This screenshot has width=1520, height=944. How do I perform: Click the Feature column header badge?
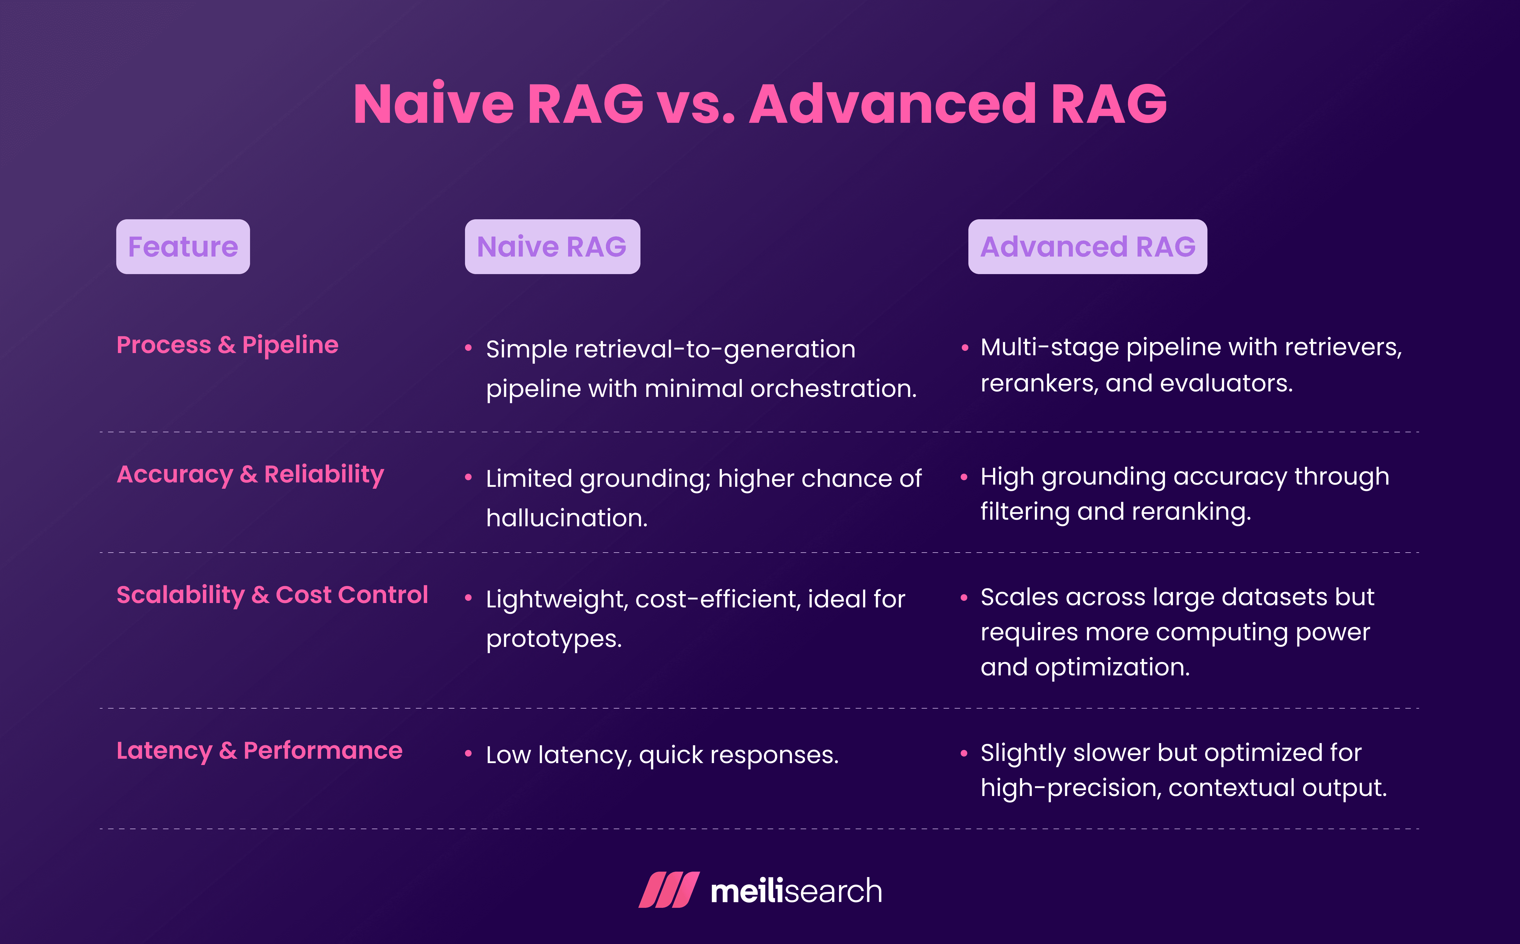[x=183, y=247]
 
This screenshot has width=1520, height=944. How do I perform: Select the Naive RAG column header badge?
[x=552, y=247]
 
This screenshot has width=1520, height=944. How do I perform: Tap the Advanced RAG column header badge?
[x=1087, y=247]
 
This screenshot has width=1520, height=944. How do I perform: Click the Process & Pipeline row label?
[x=227, y=345]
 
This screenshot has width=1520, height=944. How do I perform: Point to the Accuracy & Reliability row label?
[x=250, y=474]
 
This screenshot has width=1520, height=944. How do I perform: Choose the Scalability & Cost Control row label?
[x=272, y=595]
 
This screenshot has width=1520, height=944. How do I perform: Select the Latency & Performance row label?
[x=259, y=750]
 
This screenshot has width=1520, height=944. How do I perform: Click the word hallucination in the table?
[x=566, y=518]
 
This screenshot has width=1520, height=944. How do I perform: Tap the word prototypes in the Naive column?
[x=553, y=639]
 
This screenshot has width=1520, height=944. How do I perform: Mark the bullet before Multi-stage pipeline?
[x=965, y=348]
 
